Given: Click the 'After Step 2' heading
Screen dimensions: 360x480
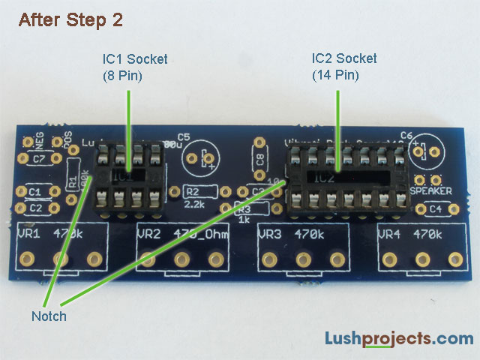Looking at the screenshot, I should point(70,20).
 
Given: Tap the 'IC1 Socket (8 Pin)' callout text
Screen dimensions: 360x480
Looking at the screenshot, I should point(135,66).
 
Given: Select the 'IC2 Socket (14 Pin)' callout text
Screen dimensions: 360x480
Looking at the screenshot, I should point(344,66).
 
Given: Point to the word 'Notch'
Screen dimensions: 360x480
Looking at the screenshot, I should point(49,316).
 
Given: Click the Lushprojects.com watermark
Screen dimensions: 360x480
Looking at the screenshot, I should point(399,339).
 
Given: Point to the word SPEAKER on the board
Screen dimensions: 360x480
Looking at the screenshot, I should point(430,191).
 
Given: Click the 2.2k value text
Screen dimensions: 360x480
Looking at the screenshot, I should point(193,204).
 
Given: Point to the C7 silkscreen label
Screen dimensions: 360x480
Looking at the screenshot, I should point(38,158).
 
